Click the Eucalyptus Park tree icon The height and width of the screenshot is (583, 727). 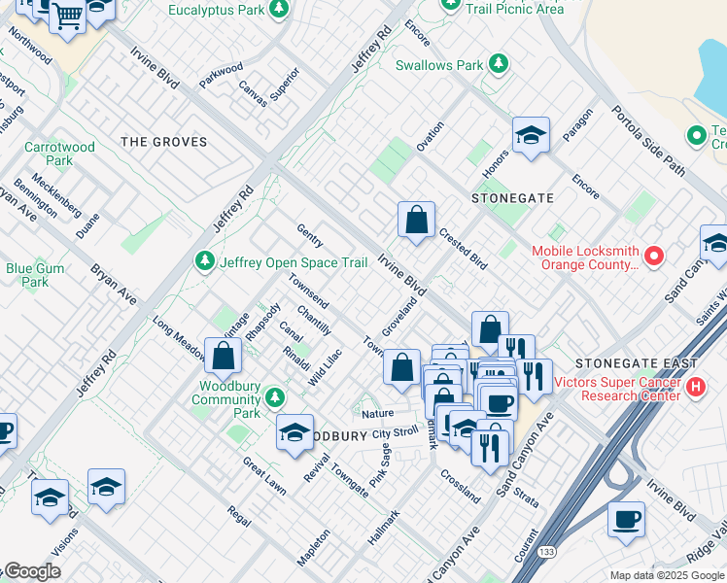coord(280,10)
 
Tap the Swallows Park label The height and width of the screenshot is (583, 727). coord(439,66)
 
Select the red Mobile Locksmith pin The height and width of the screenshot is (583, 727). coord(654,257)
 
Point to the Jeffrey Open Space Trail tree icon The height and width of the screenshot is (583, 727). coord(205,261)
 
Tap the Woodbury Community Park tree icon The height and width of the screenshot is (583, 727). coord(276,398)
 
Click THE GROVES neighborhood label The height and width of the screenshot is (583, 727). coord(163,142)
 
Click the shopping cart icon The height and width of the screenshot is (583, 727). coord(67,16)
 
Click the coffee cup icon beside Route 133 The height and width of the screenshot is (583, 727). coord(626,518)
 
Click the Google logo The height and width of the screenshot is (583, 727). coord(31,571)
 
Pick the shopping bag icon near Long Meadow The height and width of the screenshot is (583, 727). coord(224,356)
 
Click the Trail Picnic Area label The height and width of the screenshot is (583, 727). coord(514,9)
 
